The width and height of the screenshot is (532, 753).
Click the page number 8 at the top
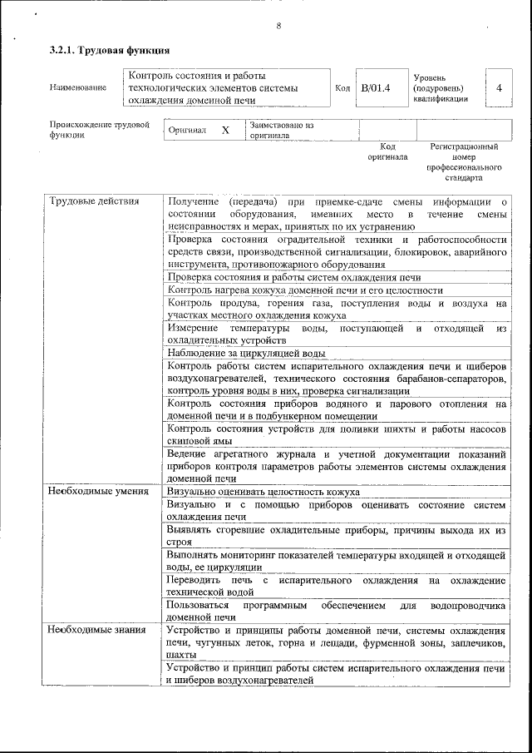pyautogui.click(x=278, y=26)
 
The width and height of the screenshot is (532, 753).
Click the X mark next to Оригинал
pyautogui.click(x=224, y=131)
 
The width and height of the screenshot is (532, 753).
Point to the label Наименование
pyautogui.click(x=78, y=87)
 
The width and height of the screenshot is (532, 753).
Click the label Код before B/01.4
pyautogui.click(x=342, y=87)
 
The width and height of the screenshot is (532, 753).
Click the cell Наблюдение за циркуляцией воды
pyautogui.click(x=246, y=352)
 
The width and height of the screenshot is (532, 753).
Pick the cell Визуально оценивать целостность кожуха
pyautogui.click(x=263, y=492)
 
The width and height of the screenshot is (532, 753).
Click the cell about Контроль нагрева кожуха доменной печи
pyautogui.click(x=304, y=290)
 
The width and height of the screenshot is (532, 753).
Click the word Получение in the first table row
pyautogui.click(x=193, y=201)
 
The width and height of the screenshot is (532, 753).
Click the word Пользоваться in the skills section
pyautogui.click(x=200, y=605)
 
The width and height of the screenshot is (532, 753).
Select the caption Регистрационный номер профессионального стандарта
pyautogui.click(x=463, y=162)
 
